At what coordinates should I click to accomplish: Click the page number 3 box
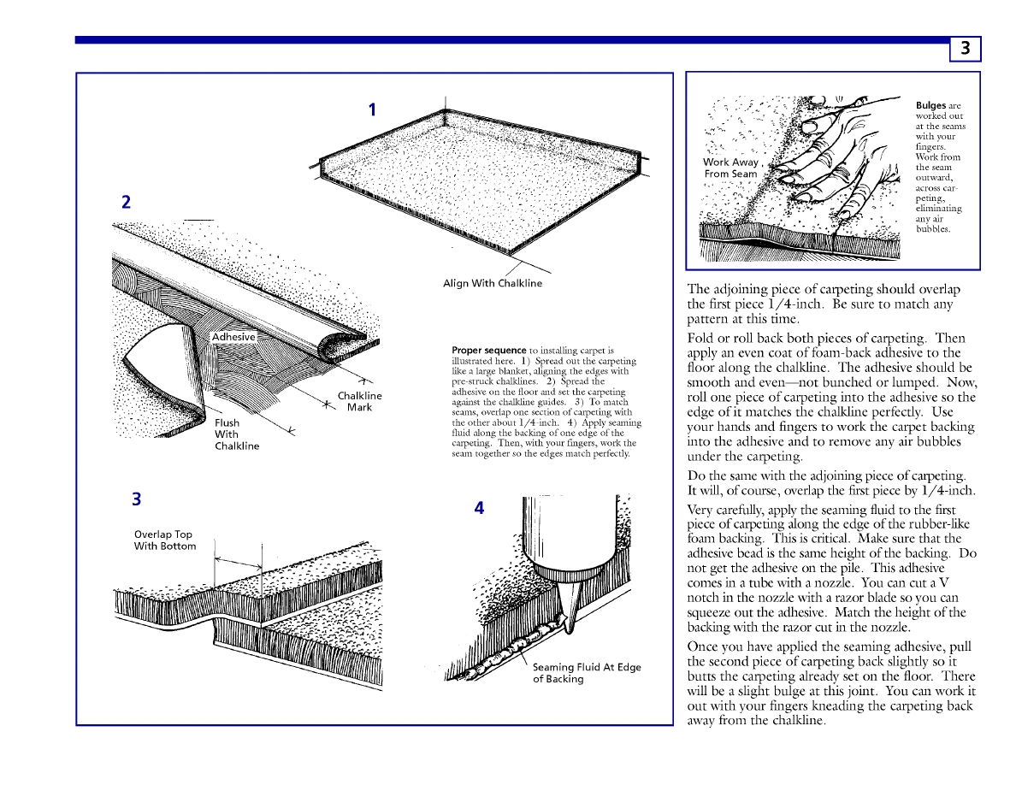pyautogui.click(x=965, y=49)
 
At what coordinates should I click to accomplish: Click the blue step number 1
pyautogui.click(x=372, y=109)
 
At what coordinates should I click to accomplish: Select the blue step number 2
pyautogui.click(x=126, y=203)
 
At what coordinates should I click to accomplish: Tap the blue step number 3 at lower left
pyautogui.click(x=136, y=499)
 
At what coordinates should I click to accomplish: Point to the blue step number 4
pyautogui.click(x=479, y=508)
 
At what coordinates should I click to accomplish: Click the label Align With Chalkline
pyautogui.click(x=492, y=284)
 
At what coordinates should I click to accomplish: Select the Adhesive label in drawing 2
pyautogui.click(x=233, y=337)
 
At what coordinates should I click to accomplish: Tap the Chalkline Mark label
pyautogui.click(x=359, y=402)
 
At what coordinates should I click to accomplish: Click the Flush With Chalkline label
pyautogui.click(x=236, y=434)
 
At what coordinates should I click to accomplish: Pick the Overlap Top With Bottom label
pyautogui.click(x=165, y=540)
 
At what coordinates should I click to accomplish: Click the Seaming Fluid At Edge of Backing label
pyautogui.click(x=586, y=673)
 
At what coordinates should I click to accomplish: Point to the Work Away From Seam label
pyautogui.click(x=731, y=168)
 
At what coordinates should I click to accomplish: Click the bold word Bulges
pyautogui.click(x=930, y=106)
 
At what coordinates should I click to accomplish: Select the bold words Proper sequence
pyautogui.click(x=488, y=351)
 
